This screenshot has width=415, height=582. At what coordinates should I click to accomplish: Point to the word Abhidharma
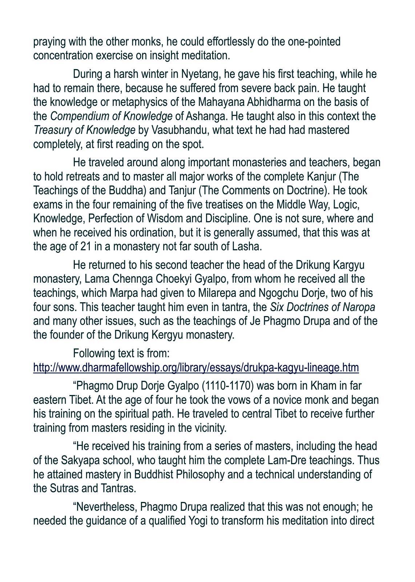[285, 102]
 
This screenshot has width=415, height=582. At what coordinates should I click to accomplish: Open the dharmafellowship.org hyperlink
[196, 368]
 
